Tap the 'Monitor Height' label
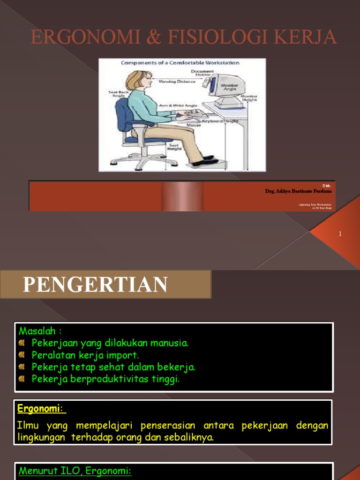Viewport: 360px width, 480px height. [249, 97]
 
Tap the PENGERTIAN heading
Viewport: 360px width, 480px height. [95, 285]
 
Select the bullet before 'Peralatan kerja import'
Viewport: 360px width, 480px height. [22, 355]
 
